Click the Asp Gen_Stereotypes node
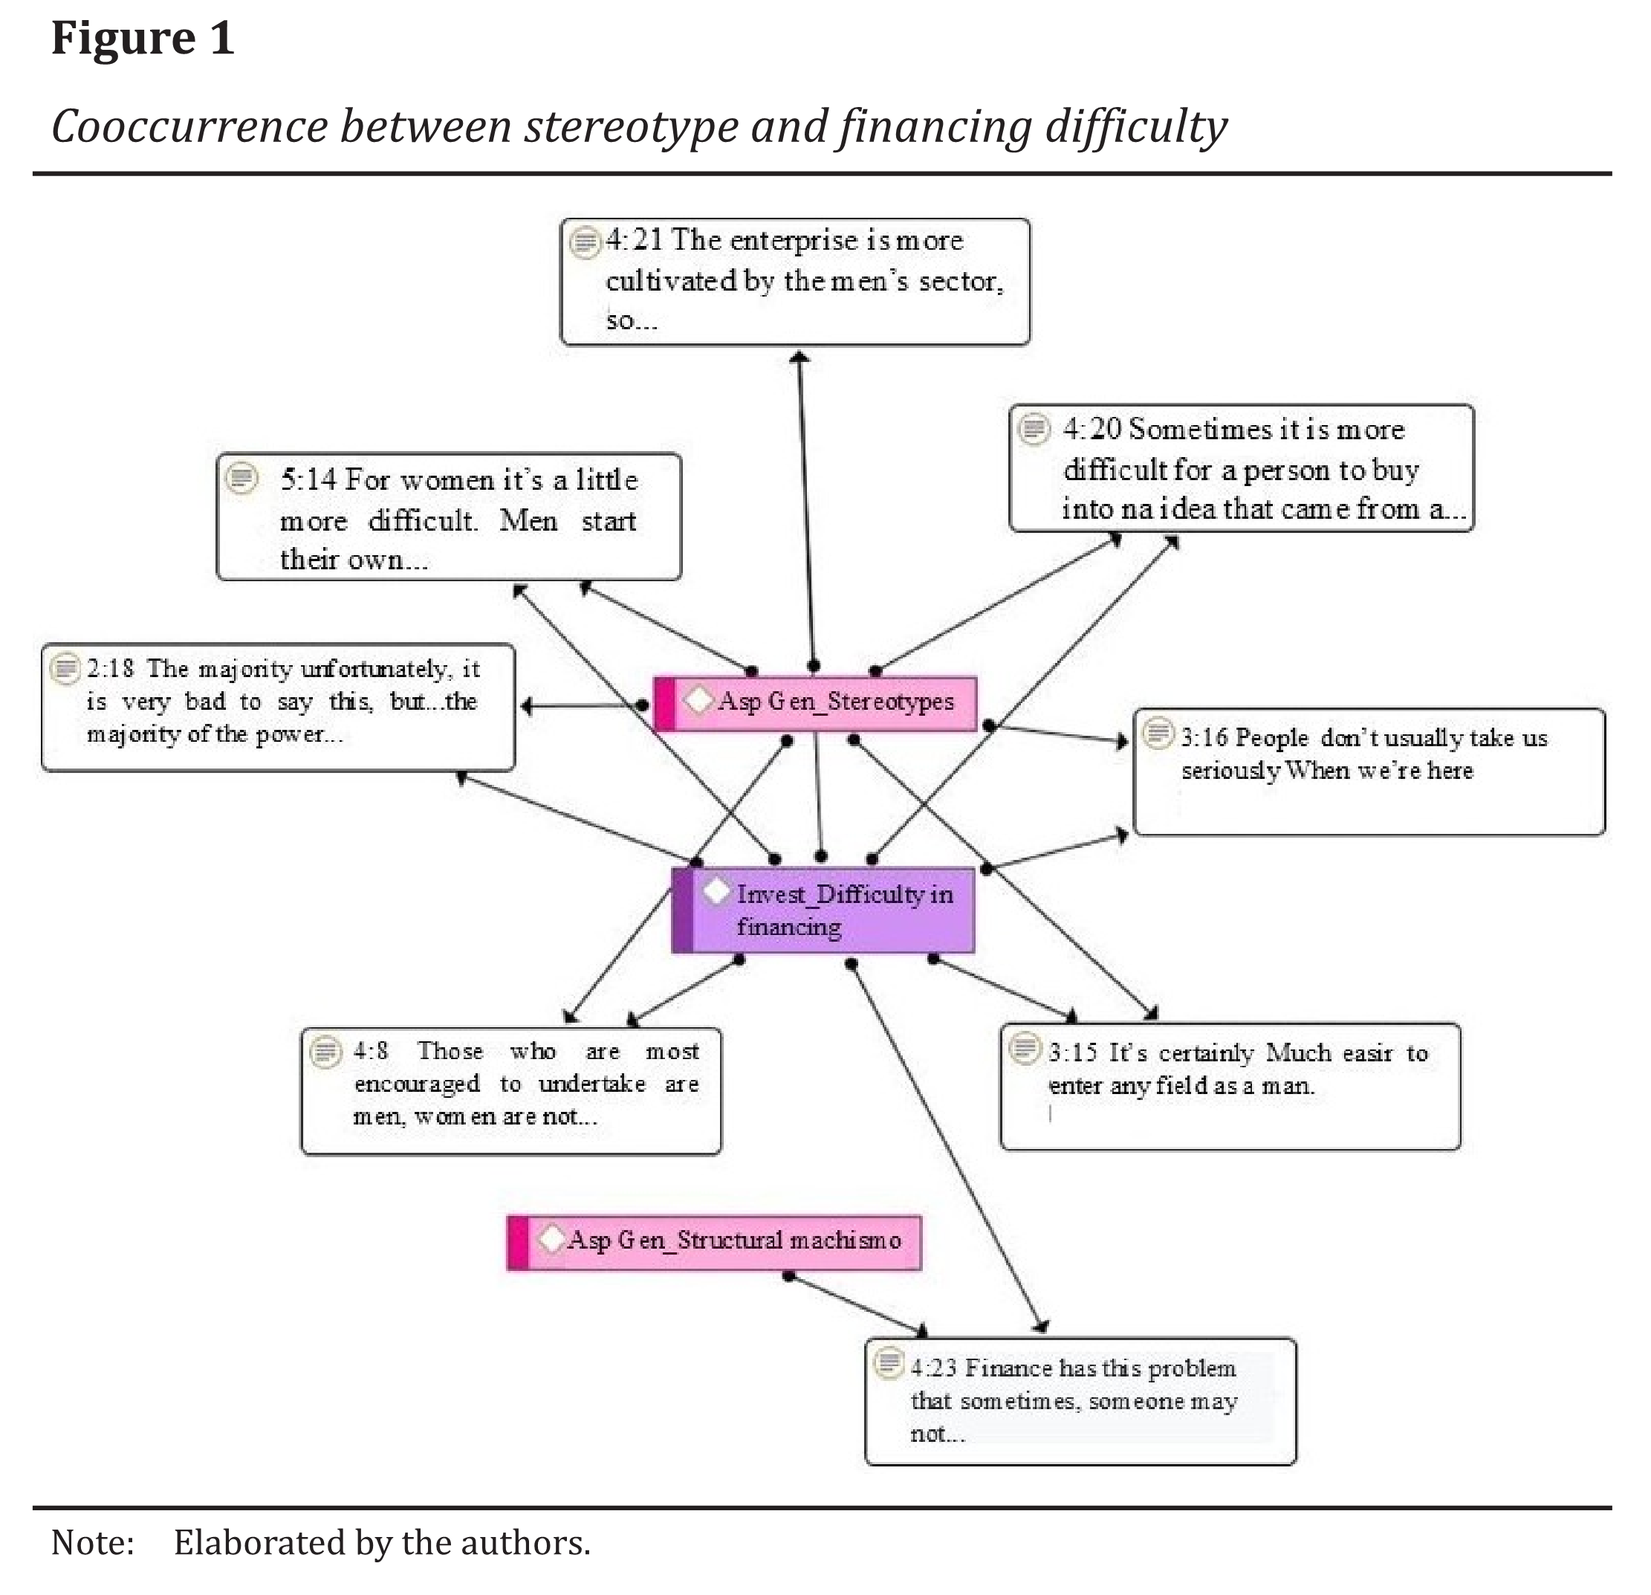pos(815,702)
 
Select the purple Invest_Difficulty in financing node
pos(824,910)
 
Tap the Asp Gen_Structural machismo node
pos(714,1242)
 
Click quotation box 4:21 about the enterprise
pos(795,282)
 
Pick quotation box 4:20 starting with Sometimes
pos(1242,468)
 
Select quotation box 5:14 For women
pos(449,517)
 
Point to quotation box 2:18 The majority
pos(278,708)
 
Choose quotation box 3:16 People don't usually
pos(1369,771)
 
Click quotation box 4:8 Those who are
pos(511,1090)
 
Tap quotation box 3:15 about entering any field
pos(1230,1086)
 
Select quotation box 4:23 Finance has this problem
pos(1081,1401)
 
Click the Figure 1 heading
pos(143,39)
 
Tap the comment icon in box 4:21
pos(584,242)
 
